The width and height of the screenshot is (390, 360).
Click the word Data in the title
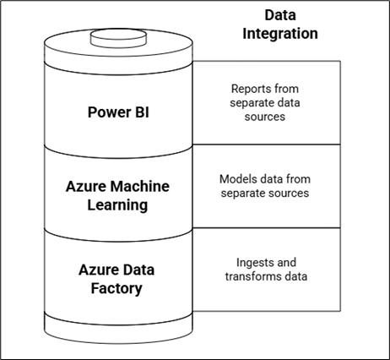(x=280, y=15)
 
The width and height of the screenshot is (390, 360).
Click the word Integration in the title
(x=280, y=34)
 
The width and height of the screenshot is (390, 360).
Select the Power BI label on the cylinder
(x=118, y=112)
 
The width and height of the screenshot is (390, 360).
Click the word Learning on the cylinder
(x=118, y=204)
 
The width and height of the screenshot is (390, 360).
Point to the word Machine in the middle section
(x=141, y=186)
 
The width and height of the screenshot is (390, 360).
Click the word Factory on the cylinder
(x=117, y=288)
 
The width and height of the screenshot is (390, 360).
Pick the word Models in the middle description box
(x=237, y=179)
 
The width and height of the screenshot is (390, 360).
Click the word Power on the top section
(x=108, y=112)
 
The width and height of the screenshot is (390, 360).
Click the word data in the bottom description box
(x=305, y=276)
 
